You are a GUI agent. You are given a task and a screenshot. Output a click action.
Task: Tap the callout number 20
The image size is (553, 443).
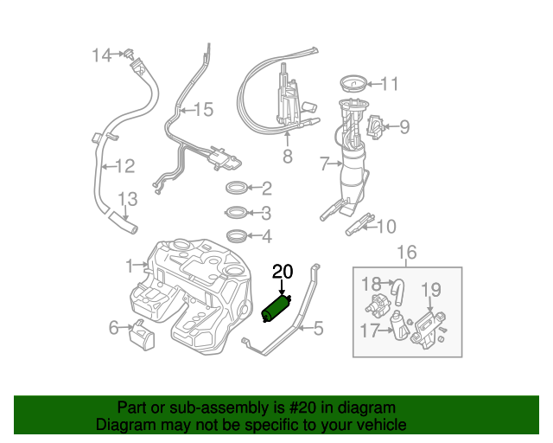(x=283, y=273)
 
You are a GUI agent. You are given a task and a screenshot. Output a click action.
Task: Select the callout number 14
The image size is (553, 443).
(x=102, y=55)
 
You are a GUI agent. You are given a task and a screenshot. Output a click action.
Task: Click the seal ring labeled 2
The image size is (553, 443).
(x=236, y=188)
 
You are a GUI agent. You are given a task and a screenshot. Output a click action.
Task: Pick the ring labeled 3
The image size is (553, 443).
(x=235, y=213)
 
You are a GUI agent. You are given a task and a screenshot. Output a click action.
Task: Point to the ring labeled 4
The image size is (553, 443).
(x=235, y=236)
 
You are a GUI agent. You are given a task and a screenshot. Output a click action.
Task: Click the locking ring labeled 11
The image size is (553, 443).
(x=351, y=84)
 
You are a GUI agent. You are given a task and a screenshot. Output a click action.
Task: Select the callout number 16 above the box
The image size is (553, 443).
(x=406, y=252)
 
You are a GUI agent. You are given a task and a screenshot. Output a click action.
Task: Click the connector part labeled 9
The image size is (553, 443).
(x=377, y=127)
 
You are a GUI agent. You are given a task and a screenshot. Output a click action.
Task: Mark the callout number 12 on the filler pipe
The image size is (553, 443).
(x=125, y=165)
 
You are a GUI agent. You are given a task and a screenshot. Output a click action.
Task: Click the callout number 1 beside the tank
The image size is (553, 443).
(x=129, y=265)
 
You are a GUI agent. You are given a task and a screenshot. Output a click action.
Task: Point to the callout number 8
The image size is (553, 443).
(x=287, y=157)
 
